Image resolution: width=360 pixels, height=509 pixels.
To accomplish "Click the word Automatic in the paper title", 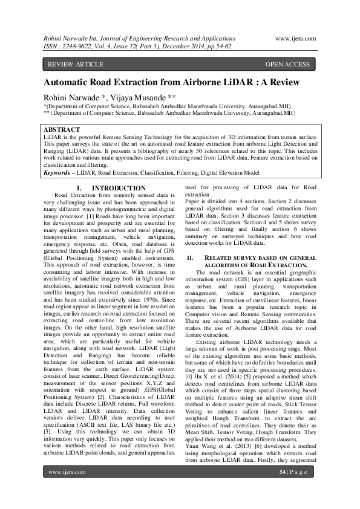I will [71, 83].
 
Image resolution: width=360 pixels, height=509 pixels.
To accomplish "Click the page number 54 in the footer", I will [282, 489].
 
